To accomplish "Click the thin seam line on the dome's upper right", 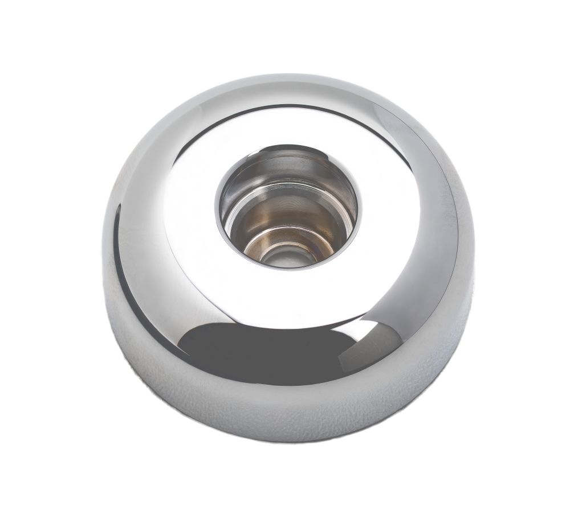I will (399, 122).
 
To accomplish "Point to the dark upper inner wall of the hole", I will (288, 165).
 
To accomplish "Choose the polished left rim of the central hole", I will (220, 205).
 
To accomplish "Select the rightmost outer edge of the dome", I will (474, 256).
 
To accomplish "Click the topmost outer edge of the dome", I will (285, 74).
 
